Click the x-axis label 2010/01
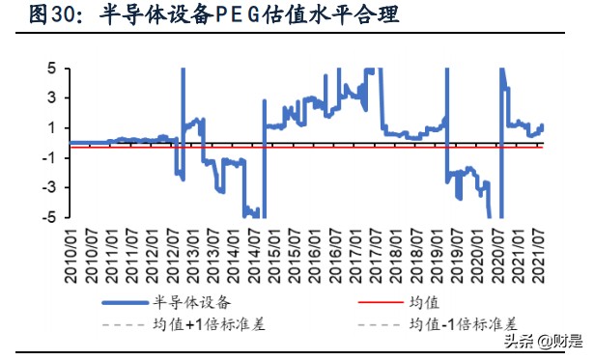74,258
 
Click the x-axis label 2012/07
176,258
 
